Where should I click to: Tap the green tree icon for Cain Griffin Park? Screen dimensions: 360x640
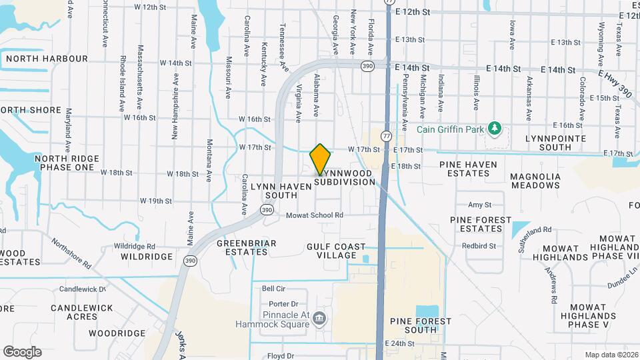(x=494, y=127)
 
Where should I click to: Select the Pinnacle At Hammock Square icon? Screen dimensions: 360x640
(x=319, y=319)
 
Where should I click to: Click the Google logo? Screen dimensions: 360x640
(x=22, y=351)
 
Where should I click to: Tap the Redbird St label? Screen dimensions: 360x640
(x=483, y=245)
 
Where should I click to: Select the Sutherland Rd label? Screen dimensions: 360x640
(x=535, y=237)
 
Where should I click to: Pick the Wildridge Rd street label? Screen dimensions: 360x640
(x=134, y=245)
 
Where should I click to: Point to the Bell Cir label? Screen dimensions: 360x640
(x=273, y=289)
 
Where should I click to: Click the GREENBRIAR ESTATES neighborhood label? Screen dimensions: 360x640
(x=247, y=248)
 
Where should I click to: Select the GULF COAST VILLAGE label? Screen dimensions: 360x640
(x=336, y=251)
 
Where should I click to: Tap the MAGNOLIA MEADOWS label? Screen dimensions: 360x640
(x=535, y=181)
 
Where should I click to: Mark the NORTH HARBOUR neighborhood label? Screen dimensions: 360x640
(x=47, y=59)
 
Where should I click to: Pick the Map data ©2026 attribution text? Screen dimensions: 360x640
(x=610, y=355)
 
